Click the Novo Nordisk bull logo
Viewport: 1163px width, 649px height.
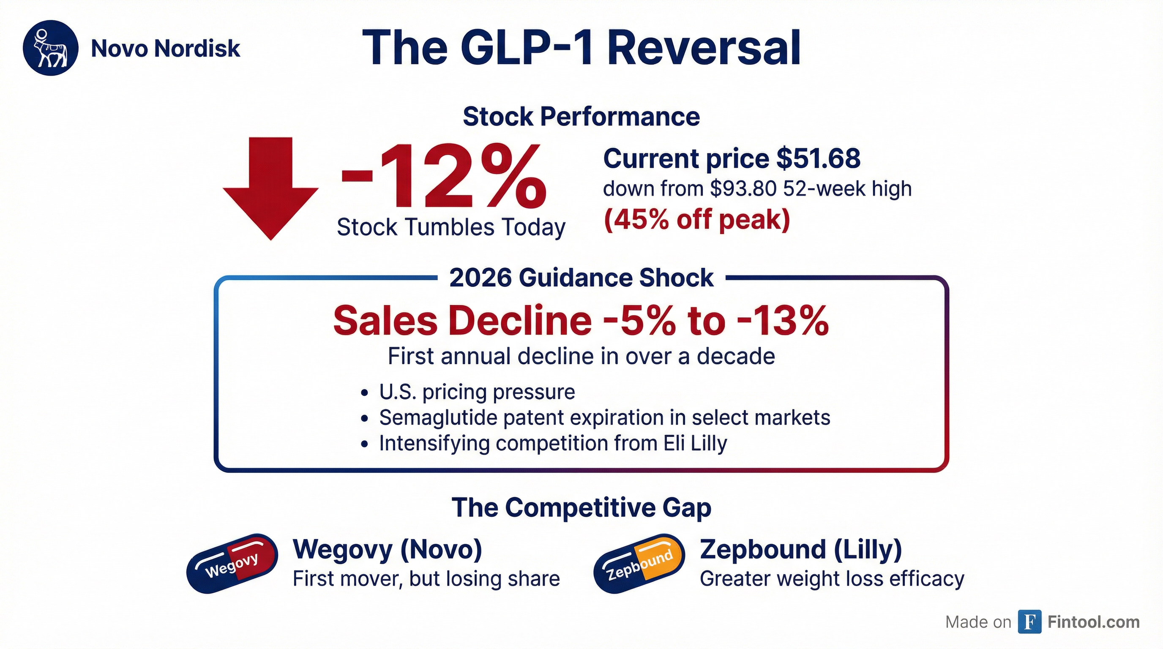coord(51,48)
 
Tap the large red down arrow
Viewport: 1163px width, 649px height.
coord(271,188)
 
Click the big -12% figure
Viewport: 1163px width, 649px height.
coord(444,177)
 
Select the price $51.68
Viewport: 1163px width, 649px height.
coord(818,159)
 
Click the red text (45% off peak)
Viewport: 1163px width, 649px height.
coord(697,220)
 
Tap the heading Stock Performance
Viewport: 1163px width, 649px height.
coord(581,117)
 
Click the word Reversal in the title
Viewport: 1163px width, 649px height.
coord(704,48)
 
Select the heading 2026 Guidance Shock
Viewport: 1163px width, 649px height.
coord(581,278)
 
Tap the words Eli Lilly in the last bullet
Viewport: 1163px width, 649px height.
coord(696,443)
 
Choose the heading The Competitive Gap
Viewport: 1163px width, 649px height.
coord(581,507)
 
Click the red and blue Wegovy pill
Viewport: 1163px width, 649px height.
coord(232,564)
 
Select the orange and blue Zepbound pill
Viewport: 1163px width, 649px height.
coord(639,564)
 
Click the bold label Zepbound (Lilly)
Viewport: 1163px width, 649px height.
coord(800,549)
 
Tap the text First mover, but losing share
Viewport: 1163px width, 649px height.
coord(426,578)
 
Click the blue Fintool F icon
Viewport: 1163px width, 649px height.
coord(1030,622)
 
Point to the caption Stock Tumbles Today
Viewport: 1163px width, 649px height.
coord(451,227)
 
